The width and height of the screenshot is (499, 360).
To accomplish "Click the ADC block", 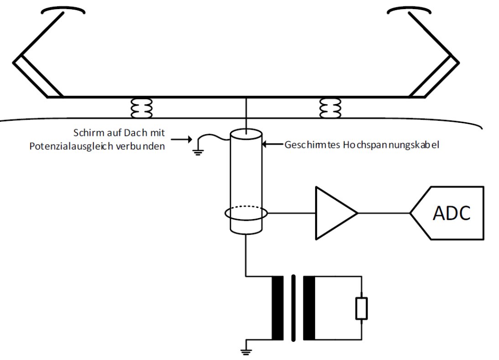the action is tap(447, 213).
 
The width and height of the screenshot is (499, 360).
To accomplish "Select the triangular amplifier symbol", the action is tap(336, 213).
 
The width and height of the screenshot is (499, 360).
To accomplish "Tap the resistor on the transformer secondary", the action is tap(362, 308).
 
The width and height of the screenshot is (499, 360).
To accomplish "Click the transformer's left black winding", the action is tap(277, 308).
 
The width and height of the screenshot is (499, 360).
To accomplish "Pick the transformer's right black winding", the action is tap(309, 308).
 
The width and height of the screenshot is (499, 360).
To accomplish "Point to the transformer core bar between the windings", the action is tap(293, 308).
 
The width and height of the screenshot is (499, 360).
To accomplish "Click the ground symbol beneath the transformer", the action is tap(246, 351).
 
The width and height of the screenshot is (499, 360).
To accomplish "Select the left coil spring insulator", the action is tap(141, 108).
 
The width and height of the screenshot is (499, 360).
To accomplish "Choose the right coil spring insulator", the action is tap(330, 108).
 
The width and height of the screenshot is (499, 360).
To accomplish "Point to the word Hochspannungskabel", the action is tap(391, 145).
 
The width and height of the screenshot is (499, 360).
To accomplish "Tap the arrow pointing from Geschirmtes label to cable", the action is tap(272, 145).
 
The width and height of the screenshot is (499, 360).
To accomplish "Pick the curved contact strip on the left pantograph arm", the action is tap(63, 10).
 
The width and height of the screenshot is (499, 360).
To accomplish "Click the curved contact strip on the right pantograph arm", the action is tap(409, 10).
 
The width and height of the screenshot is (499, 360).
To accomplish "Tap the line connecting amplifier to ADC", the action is tap(384, 213).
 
